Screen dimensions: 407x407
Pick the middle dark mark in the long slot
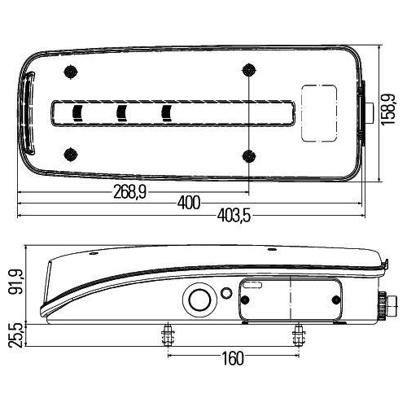(x=122, y=113)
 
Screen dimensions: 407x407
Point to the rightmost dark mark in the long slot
(x=168, y=113)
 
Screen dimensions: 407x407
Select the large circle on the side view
(x=197, y=299)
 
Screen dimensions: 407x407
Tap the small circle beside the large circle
(x=225, y=291)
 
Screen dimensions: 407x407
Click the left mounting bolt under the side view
(x=168, y=335)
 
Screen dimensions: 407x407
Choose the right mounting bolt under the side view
(x=297, y=335)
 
